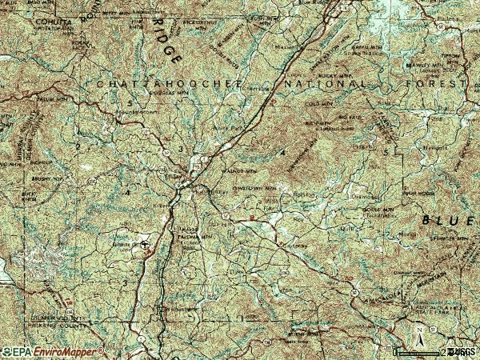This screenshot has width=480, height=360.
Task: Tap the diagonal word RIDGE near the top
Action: point(166,40)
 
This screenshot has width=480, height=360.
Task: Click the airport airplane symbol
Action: point(145,246)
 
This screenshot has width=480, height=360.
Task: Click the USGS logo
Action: point(461,351)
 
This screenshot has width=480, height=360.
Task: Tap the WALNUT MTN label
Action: point(243,170)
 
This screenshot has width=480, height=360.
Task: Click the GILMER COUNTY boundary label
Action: point(68,318)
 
